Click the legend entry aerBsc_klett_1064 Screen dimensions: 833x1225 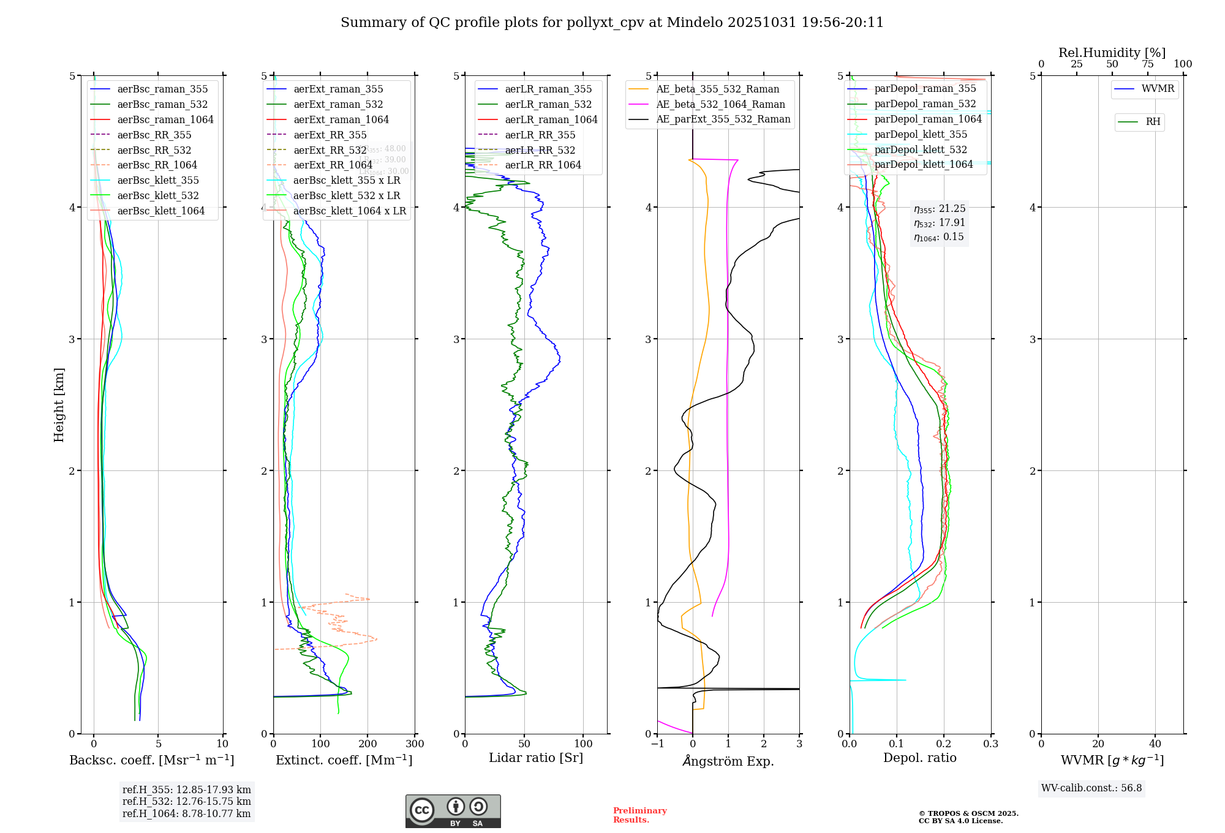pyautogui.click(x=160, y=211)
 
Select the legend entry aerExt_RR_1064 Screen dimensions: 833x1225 pyautogui.click(x=333, y=165)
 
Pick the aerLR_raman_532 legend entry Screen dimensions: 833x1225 pyautogui.click(x=548, y=104)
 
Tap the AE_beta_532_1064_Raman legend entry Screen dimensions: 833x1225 pyautogui.click(x=720, y=104)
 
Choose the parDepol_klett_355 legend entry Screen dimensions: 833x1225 pyautogui.click(x=921, y=134)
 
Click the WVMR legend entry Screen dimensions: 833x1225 pyautogui.click(x=1158, y=89)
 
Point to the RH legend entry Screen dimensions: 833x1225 pyautogui.click(x=1153, y=122)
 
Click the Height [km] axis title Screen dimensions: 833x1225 pyautogui.click(x=59, y=405)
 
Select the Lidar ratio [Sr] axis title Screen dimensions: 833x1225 pyautogui.click(x=536, y=758)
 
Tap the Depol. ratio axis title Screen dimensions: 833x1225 pyautogui.click(x=919, y=758)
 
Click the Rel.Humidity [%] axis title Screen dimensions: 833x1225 pyautogui.click(x=1112, y=53)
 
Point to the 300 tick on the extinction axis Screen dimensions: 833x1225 pyautogui.click(x=415, y=744)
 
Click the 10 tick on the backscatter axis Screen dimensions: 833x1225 pyautogui.click(x=222, y=744)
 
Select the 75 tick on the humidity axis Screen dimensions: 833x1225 pyautogui.click(x=1147, y=64)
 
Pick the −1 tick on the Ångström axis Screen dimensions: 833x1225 pyautogui.click(x=657, y=744)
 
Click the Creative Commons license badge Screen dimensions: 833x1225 pyautogui.click(x=453, y=812)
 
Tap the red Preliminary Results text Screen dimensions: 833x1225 pyautogui.click(x=639, y=815)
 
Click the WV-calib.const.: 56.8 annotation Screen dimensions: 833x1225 pyautogui.click(x=1091, y=788)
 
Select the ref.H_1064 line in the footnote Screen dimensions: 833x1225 pyautogui.click(x=186, y=813)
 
